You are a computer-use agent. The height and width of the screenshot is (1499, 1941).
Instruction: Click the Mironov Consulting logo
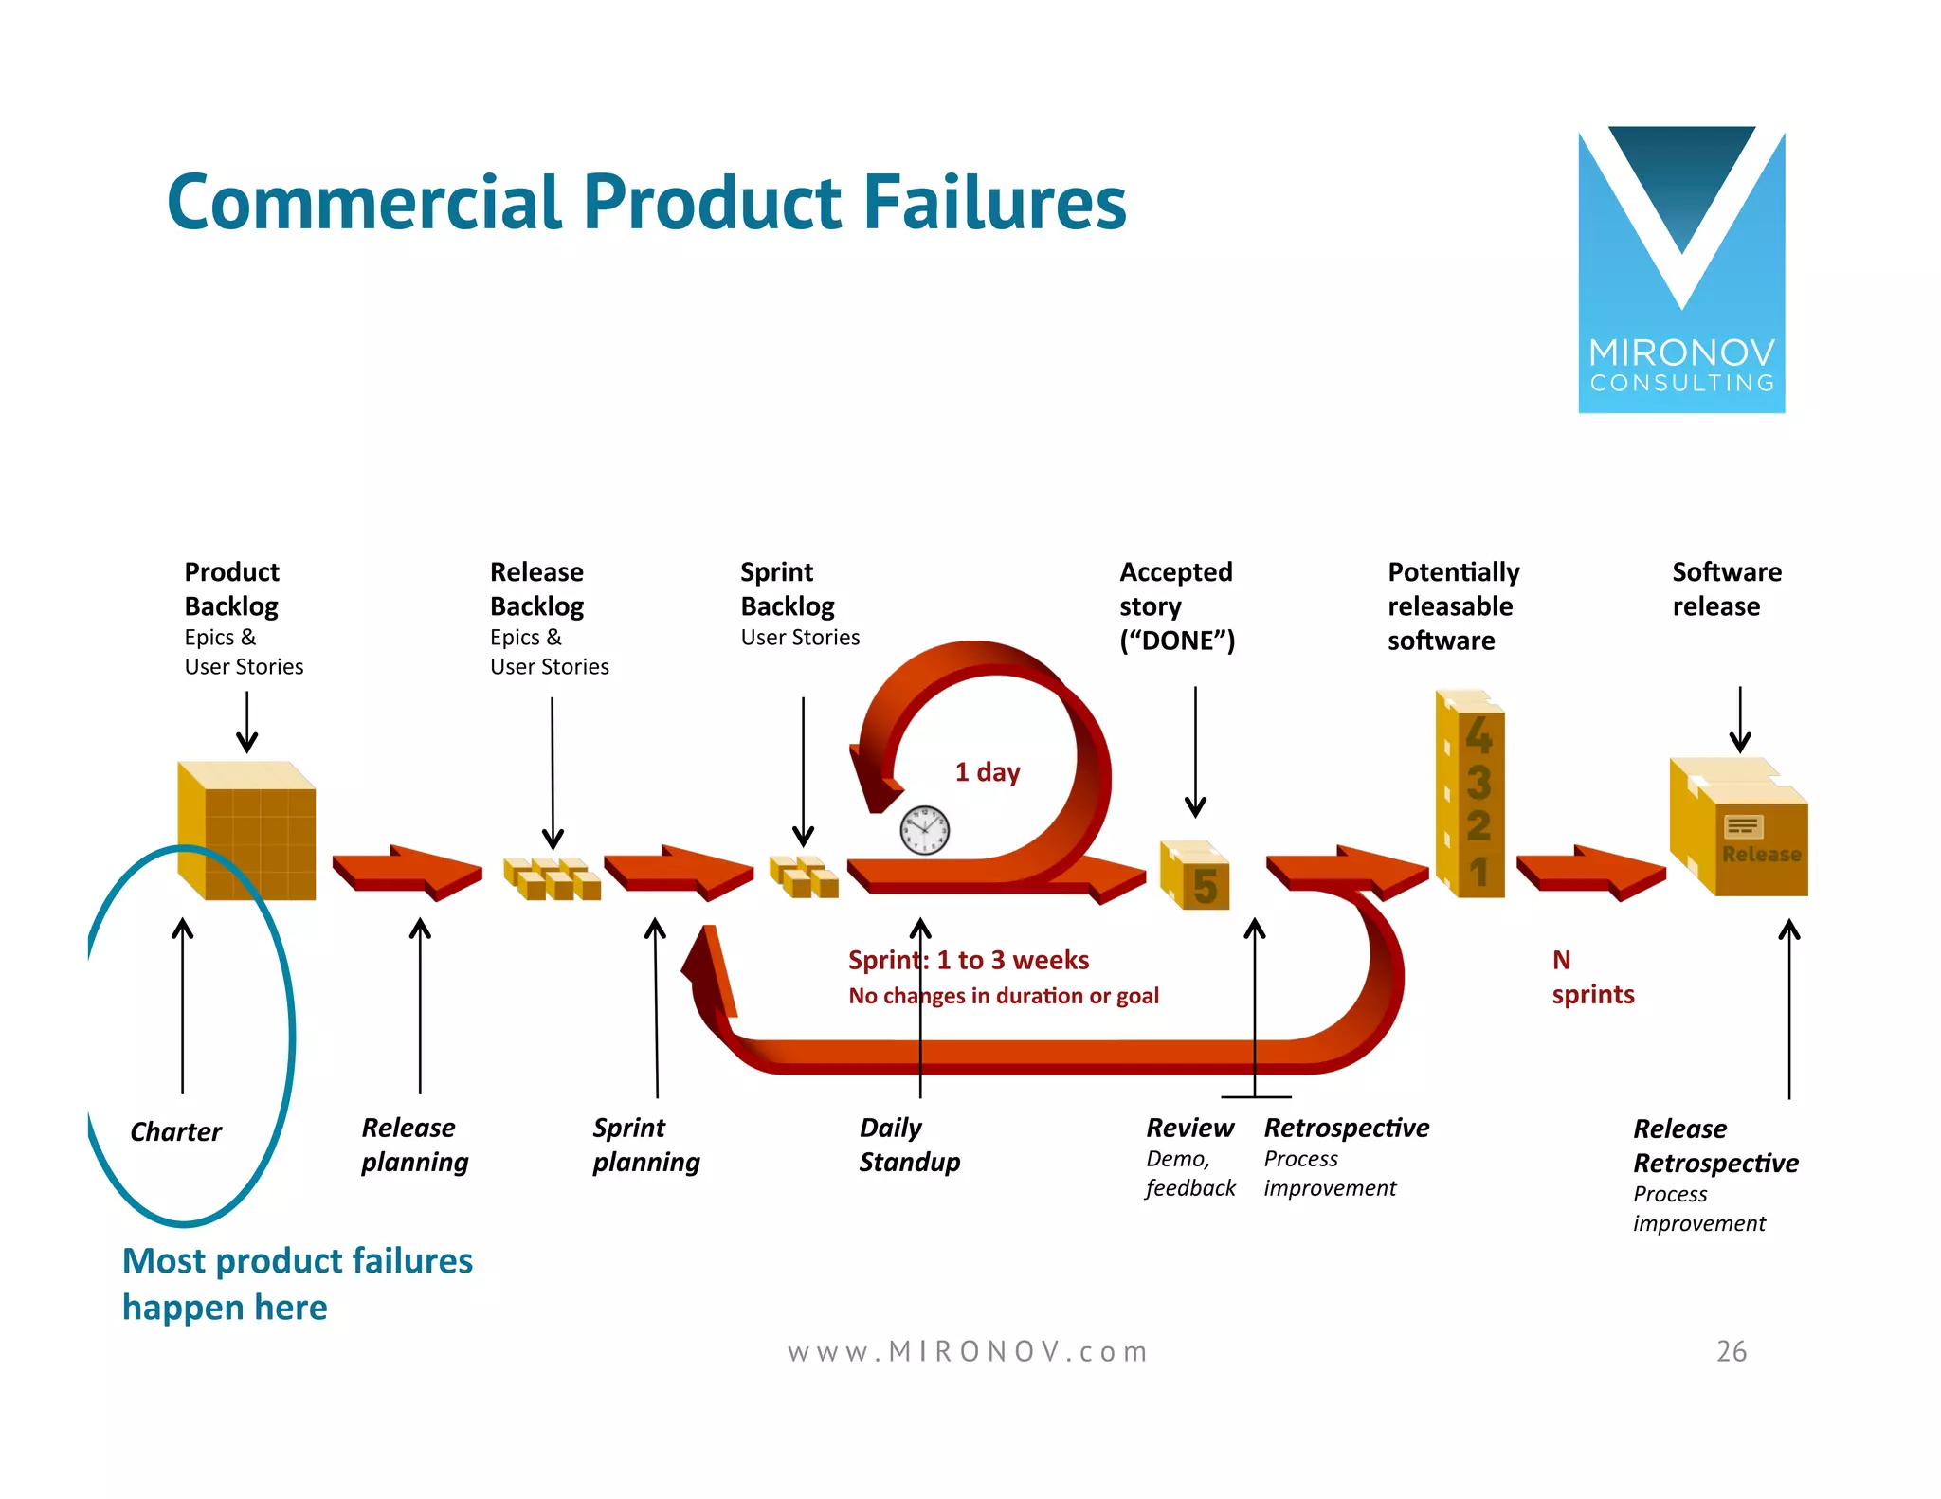point(1680,270)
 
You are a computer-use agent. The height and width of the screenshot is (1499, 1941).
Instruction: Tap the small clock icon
point(924,830)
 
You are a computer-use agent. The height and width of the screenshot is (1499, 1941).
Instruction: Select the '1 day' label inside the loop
point(987,772)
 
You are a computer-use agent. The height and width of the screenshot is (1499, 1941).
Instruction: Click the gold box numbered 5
point(1196,876)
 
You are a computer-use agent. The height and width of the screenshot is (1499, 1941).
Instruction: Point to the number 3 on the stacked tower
point(1478,783)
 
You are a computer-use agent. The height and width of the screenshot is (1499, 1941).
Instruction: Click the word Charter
point(175,1131)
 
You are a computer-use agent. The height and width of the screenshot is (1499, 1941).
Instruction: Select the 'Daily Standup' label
point(908,1145)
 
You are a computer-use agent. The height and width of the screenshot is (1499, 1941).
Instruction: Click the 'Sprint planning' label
point(645,1145)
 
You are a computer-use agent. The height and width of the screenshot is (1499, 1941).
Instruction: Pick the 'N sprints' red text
point(1591,978)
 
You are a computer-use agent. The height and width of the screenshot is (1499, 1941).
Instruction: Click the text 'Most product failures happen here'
point(297,1284)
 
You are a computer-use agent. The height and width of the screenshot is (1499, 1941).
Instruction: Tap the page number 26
point(1731,1351)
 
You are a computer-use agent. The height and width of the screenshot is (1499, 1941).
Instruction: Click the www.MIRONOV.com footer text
point(967,1351)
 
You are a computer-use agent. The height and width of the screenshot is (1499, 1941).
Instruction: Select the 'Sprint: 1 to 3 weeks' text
point(968,960)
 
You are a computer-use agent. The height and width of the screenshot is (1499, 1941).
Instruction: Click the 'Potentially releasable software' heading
point(1452,606)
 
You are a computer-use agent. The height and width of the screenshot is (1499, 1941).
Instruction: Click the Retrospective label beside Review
point(1346,1128)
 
